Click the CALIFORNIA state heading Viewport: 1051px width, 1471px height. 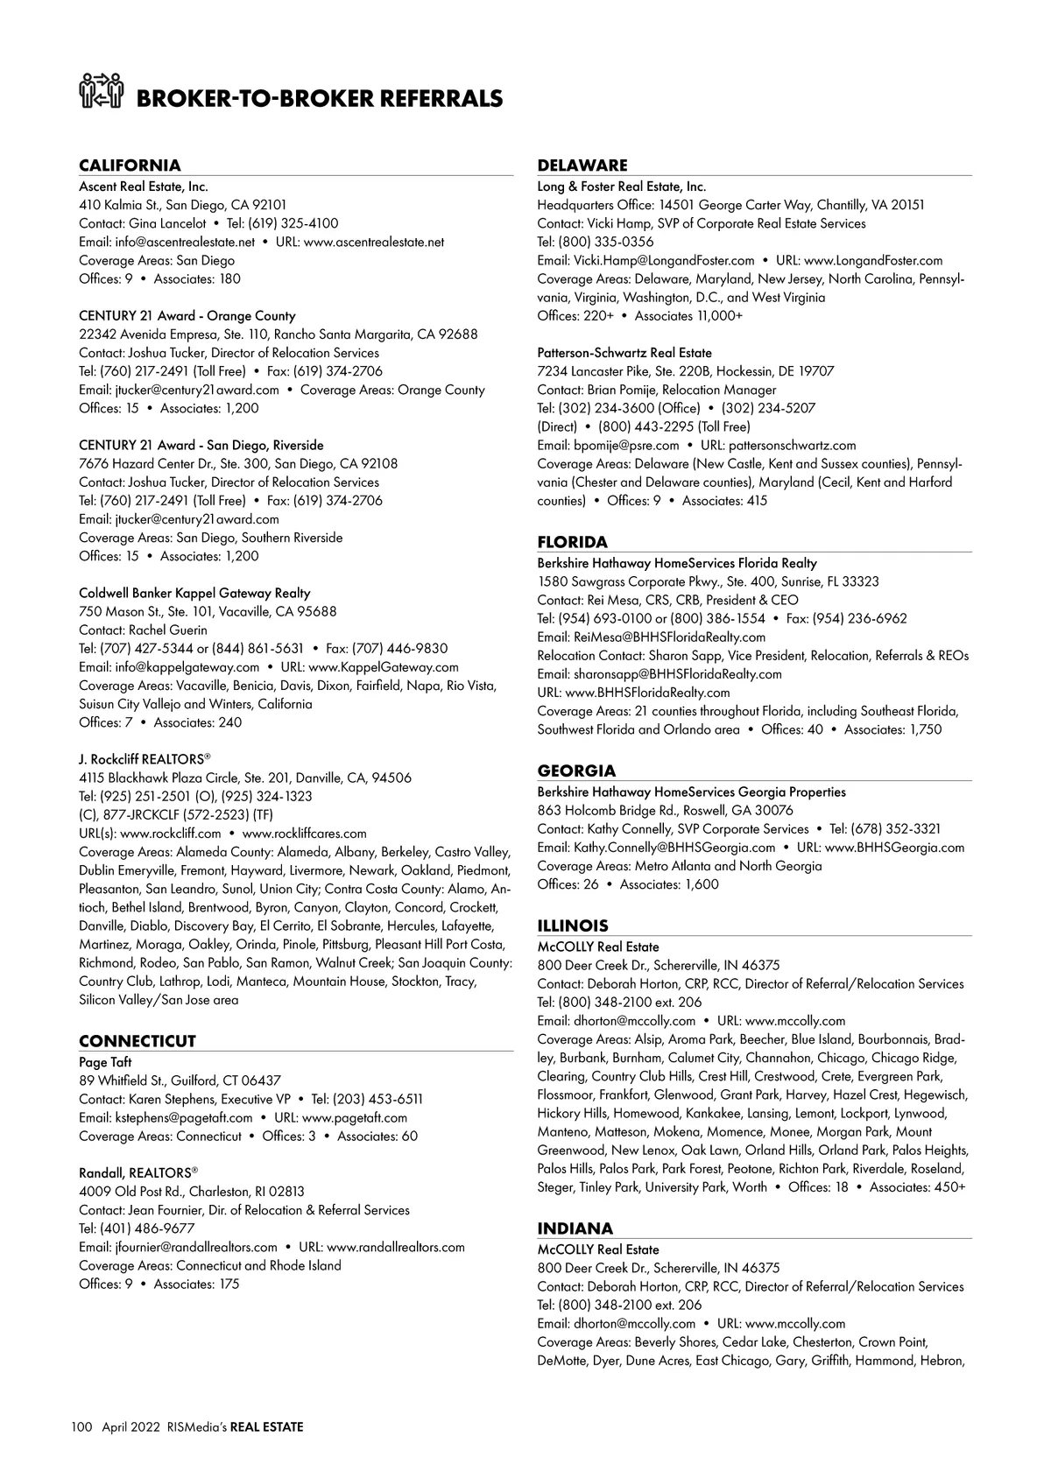[x=130, y=165]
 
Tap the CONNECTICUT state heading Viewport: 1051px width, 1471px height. [x=138, y=1041]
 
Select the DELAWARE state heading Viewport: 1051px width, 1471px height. [x=582, y=165]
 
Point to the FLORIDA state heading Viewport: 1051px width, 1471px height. [x=572, y=542]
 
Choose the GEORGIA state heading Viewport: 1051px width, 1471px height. [x=576, y=771]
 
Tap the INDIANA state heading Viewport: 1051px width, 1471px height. [x=575, y=1228]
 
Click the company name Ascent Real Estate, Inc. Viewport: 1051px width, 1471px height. [x=144, y=187]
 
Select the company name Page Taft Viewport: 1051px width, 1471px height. [x=105, y=1062]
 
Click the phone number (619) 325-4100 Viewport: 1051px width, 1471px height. [x=293, y=223]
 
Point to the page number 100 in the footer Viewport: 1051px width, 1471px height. [x=81, y=1427]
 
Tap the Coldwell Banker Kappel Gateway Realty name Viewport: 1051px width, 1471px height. [x=194, y=593]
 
